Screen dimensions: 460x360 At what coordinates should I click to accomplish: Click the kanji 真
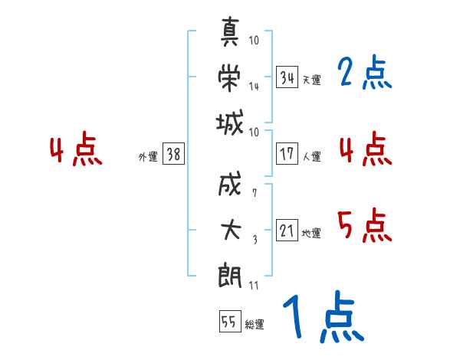click(230, 31)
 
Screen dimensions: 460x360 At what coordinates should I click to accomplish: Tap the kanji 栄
click(229, 77)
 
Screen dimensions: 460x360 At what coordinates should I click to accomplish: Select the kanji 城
click(230, 123)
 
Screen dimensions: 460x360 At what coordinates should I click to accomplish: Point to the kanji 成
click(230, 184)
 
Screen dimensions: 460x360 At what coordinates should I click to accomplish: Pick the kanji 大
click(231, 230)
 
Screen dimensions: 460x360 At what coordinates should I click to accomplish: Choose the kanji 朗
click(230, 275)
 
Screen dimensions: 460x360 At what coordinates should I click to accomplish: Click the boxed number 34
click(287, 77)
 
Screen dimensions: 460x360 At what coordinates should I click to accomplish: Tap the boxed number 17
click(287, 154)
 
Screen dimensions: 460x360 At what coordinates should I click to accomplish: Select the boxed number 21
click(287, 230)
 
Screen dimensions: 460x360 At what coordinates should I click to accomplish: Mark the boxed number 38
click(173, 154)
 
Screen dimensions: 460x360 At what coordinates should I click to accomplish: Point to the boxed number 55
click(230, 321)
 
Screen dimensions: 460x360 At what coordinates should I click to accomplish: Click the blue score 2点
click(365, 72)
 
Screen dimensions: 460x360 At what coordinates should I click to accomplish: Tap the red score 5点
click(365, 225)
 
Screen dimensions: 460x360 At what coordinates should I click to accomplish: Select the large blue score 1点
click(324, 316)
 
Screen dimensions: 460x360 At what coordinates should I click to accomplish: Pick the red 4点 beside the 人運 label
click(366, 149)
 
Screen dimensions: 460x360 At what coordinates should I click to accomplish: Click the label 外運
click(148, 157)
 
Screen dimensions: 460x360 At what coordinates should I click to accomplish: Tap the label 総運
click(255, 325)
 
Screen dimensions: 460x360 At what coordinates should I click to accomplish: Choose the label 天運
click(312, 80)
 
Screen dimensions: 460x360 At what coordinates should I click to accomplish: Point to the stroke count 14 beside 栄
click(254, 87)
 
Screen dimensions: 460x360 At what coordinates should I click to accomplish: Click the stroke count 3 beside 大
click(255, 240)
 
